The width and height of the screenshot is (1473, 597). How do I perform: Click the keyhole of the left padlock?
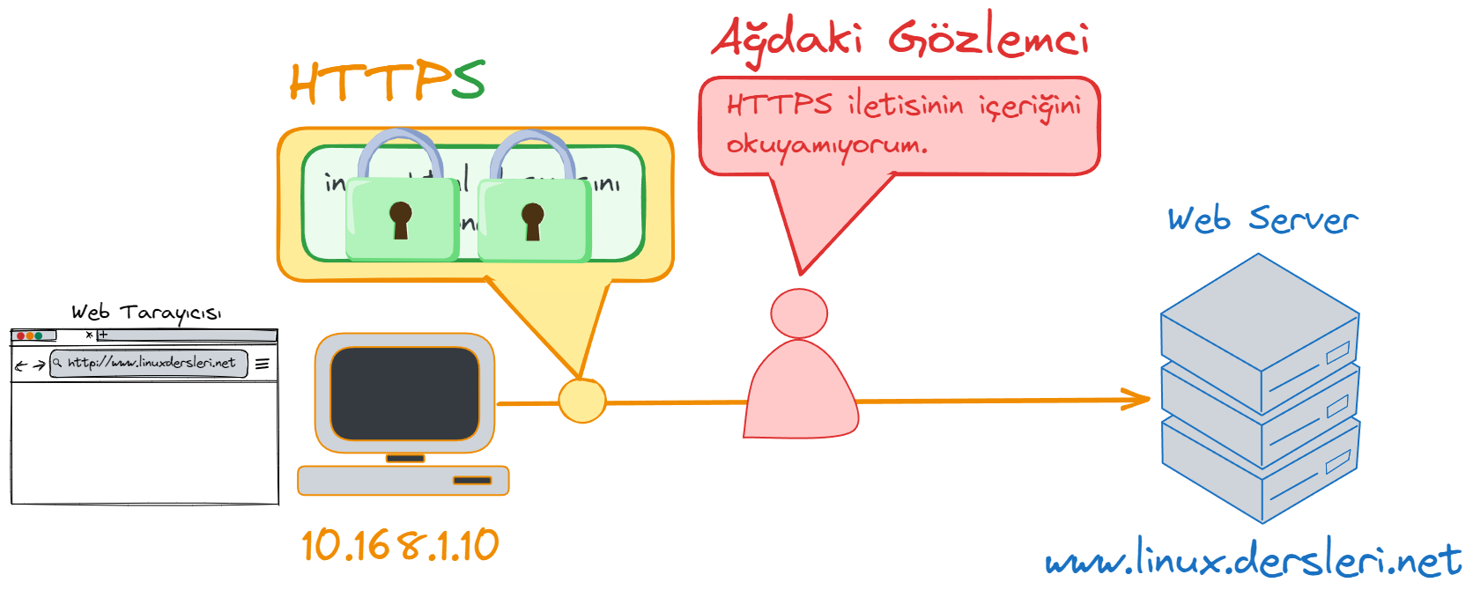tap(401, 218)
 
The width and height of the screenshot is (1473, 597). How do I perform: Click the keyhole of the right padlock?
tap(532, 219)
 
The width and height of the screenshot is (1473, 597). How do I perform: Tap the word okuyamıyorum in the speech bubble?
tap(826, 145)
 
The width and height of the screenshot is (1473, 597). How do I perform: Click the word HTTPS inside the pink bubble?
tap(779, 105)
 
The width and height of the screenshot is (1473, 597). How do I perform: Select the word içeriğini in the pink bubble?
tap(1030, 107)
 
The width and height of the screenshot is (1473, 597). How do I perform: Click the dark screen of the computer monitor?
tap(404, 393)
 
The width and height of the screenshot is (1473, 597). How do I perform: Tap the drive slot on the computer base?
tap(472, 480)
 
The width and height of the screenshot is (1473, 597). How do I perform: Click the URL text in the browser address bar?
tap(152, 363)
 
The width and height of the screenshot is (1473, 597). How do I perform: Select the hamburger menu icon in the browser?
tap(263, 363)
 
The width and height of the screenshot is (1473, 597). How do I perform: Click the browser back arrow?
tap(21, 365)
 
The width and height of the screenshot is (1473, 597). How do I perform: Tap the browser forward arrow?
tap(39, 365)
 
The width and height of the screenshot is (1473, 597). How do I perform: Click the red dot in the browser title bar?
tap(20, 335)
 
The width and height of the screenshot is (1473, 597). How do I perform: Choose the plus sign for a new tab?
tap(103, 335)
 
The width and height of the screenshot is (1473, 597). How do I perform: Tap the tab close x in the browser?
tap(89, 335)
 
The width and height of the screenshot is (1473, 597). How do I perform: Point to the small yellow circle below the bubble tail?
tap(582, 400)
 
